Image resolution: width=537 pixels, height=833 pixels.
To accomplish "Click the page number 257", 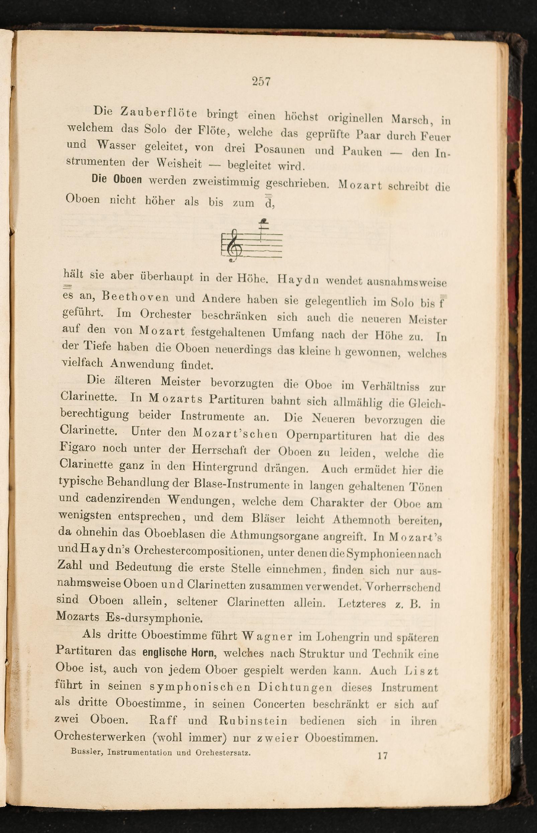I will click(261, 82).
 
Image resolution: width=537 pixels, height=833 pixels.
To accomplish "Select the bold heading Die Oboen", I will click(117, 180).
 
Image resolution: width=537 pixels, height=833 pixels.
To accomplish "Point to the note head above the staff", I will click(265, 221).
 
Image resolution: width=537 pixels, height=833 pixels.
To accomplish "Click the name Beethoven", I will click(136, 297).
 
